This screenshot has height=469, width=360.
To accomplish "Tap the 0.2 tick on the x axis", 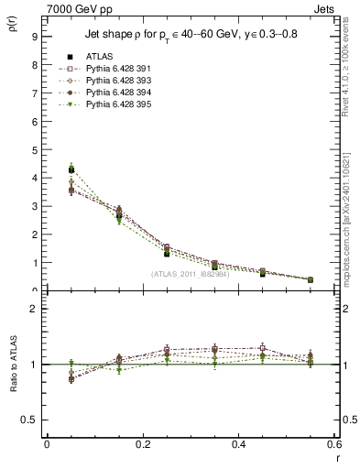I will coord(142,444).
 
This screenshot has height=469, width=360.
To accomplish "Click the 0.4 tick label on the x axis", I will coord(238,444).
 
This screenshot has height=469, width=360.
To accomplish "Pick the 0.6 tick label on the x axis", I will coord(333,444).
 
